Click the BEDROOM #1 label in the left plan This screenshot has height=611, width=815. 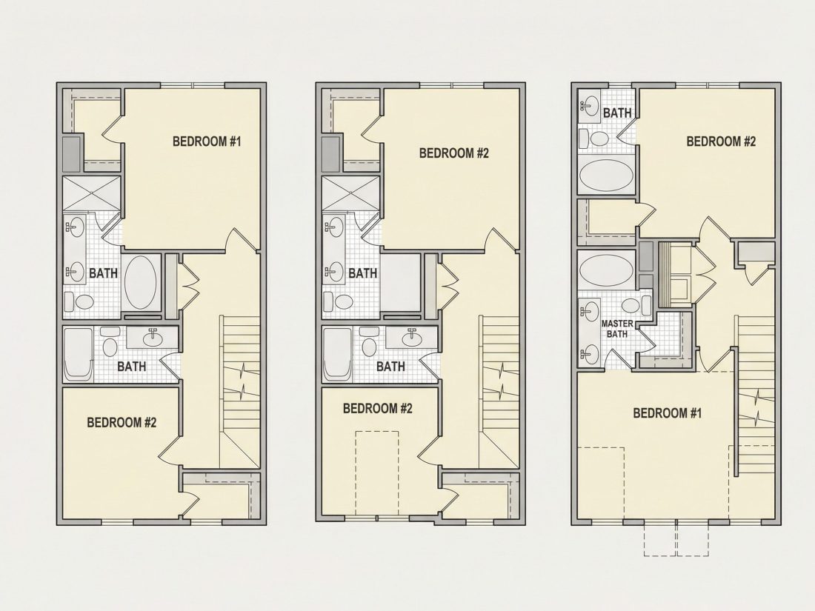pyautogui.click(x=207, y=141)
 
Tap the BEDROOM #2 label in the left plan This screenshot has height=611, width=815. pyautogui.click(x=122, y=422)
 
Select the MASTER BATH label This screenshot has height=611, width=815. pyautogui.click(x=617, y=329)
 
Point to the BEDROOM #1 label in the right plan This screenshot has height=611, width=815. pyautogui.click(x=668, y=413)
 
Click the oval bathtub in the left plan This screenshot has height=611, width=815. pyautogui.click(x=141, y=283)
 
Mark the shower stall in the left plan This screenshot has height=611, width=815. pyautogui.click(x=92, y=193)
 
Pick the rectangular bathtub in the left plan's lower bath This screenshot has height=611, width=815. pyautogui.click(x=79, y=355)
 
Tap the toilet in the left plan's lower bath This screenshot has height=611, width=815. pyautogui.click(x=110, y=342)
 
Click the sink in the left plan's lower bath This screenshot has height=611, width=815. pyautogui.click(x=153, y=338)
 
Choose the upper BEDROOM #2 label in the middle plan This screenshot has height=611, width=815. pyautogui.click(x=454, y=153)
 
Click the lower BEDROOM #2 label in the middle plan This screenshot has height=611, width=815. pyautogui.click(x=377, y=408)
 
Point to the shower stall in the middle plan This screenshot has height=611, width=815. pyautogui.click(x=351, y=193)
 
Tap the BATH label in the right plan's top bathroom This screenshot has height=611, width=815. pyautogui.click(x=617, y=113)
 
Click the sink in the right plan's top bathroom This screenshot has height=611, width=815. pyautogui.click(x=590, y=107)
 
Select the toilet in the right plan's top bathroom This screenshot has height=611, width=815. pyautogui.click(x=596, y=138)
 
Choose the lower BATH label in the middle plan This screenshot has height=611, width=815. pyautogui.click(x=390, y=367)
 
